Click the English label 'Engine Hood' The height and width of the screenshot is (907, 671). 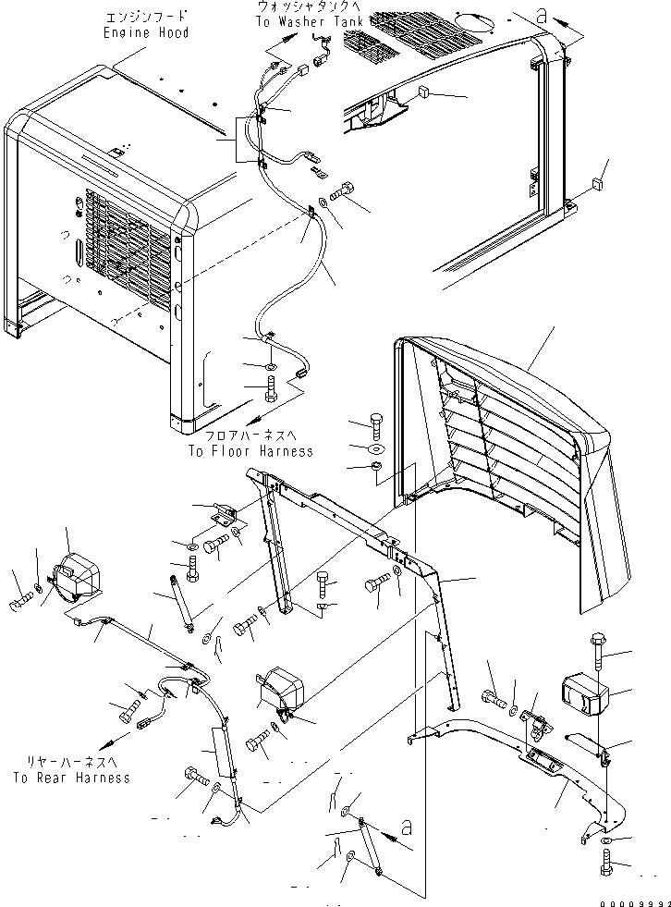tap(146, 32)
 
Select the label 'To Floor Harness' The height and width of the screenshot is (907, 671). tap(250, 451)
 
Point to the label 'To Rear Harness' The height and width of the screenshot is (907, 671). tap(72, 778)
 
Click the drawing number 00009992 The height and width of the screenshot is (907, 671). tap(631, 899)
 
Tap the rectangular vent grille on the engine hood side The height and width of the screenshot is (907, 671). tap(129, 250)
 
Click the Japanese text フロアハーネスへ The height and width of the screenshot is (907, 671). tap(250, 436)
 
